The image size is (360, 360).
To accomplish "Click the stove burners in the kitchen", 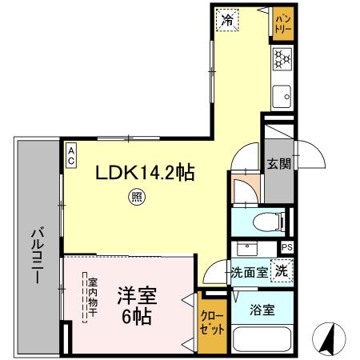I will [282, 58].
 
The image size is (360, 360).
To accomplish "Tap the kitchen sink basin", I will [282, 98].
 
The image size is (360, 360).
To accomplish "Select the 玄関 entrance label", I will [278, 165].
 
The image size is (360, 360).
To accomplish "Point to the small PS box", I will [287, 248].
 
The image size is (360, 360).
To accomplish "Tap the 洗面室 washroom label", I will [249, 271].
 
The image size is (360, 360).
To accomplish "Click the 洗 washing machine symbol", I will [282, 270].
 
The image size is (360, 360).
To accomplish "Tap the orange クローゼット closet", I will [211, 326].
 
